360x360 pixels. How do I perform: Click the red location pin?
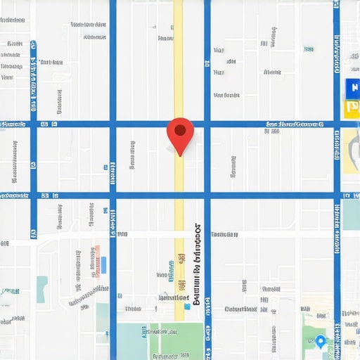point(180,134)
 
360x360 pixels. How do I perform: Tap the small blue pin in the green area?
point(321,342)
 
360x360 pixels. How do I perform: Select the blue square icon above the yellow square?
point(352,89)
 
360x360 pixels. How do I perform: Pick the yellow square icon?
point(352,108)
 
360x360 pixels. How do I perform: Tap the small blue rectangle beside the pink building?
point(104,265)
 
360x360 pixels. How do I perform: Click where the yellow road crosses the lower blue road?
point(179,195)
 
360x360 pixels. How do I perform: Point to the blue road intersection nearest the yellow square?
point(337,124)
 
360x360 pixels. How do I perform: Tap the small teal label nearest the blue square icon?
point(309,49)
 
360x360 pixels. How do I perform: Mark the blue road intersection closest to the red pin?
point(207,124)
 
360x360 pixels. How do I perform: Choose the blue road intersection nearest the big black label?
point(207,195)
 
